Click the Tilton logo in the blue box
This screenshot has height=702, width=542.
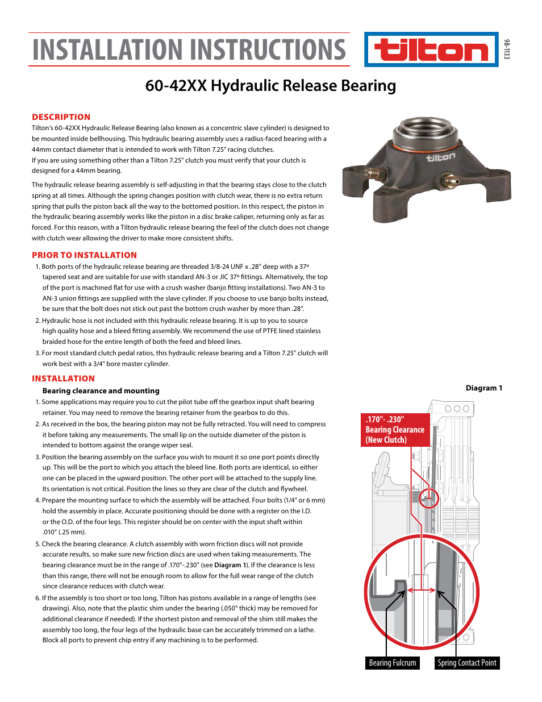(431, 50)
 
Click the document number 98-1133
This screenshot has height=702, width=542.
(506, 49)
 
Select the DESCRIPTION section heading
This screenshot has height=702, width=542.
(61, 117)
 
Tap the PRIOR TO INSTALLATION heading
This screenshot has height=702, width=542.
(84, 255)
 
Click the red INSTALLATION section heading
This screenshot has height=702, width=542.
(63, 379)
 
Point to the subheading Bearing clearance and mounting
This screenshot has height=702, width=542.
(101, 391)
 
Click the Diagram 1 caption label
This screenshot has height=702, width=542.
(483, 388)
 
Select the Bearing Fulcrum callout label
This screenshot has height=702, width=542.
(392, 663)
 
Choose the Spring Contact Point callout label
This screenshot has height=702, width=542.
(466, 663)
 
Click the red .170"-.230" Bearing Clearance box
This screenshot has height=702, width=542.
(395, 430)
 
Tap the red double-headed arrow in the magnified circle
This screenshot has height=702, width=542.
(421, 591)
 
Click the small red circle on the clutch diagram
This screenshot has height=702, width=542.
(429, 499)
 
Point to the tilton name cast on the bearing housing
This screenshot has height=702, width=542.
(440, 157)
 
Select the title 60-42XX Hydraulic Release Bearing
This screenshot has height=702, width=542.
(270, 86)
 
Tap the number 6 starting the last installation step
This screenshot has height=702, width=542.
(37, 598)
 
